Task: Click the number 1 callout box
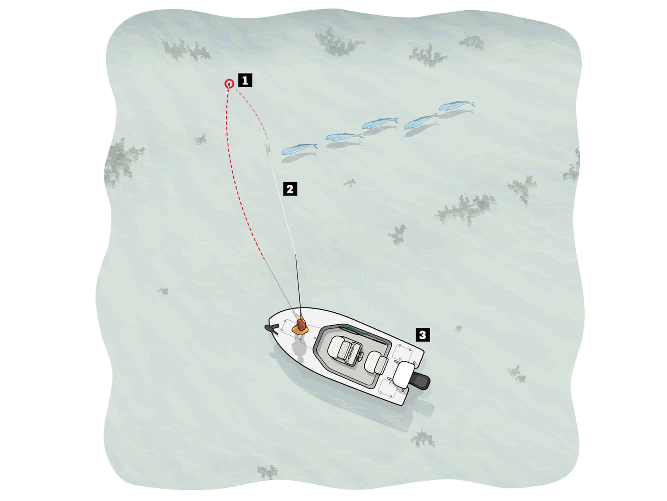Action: click(245, 80)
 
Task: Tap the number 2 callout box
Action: click(289, 189)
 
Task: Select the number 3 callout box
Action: click(423, 335)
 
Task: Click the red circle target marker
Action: click(229, 83)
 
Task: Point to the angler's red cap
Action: click(301, 324)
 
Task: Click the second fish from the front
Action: click(344, 137)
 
